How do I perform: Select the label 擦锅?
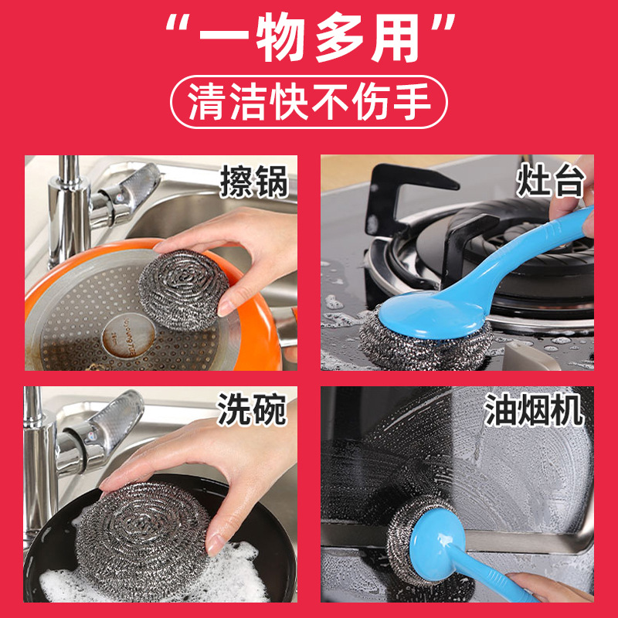pyautogui.click(x=254, y=182)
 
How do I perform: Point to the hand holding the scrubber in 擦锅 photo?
pyautogui.click(x=232, y=247)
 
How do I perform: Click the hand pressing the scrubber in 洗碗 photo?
pyautogui.click(x=209, y=463)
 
